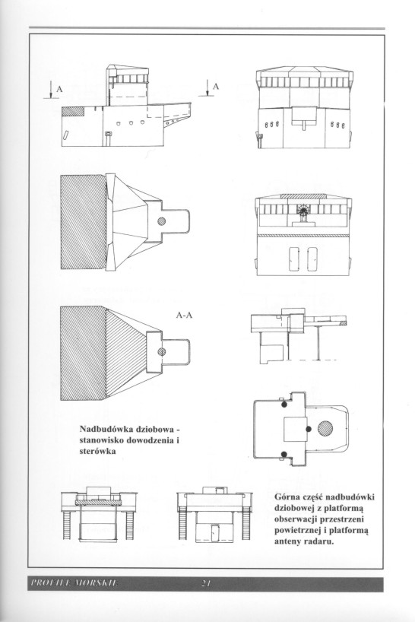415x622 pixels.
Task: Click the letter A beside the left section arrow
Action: coord(59,89)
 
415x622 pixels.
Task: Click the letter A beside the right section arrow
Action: coord(215,86)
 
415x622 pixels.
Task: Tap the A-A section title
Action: coord(184,316)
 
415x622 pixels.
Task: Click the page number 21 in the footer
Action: coord(204,582)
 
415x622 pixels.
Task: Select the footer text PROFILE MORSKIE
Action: coord(74,582)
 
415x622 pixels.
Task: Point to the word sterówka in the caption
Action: coord(97,452)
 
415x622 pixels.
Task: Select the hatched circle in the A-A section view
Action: coord(161,351)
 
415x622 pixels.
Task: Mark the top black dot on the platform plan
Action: coord(284,405)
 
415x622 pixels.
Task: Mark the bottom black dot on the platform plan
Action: coord(284,454)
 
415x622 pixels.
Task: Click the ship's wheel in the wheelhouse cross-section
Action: coord(303,210)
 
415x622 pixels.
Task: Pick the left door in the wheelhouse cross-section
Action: coord(293,259)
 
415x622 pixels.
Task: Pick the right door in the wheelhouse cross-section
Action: coord(312,259)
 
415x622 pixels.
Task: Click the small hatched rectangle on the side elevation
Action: coord(73,111)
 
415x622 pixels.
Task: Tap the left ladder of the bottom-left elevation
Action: coord(67,525)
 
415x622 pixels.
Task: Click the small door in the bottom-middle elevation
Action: coord(215,532)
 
